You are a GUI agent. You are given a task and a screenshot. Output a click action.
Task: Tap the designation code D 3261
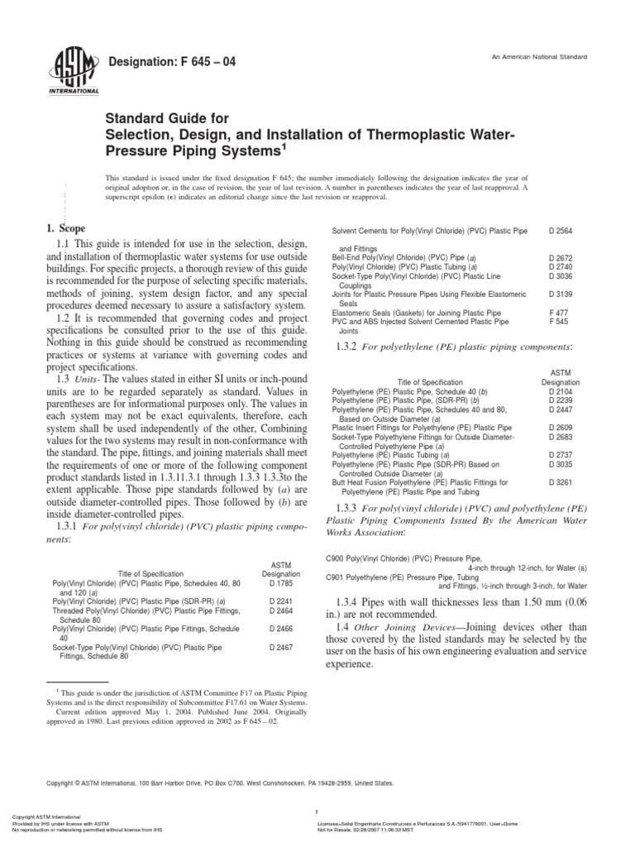click(x=563, y=481)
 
